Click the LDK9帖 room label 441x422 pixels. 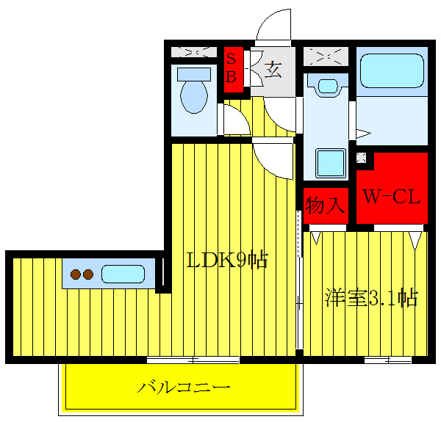pos(226,260)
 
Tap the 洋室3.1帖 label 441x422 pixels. pos(371,299)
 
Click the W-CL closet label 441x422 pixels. pos(391,197)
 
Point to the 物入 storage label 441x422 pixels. pos(325,205)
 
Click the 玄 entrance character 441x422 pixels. pos(273,70)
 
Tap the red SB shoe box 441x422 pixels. pos(232,68)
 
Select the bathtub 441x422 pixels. pos(392,73)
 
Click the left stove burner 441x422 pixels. pos(76,274)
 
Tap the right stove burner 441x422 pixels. pos(89,274)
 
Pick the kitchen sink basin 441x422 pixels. pos(122,274)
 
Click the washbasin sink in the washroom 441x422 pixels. pos(329,86)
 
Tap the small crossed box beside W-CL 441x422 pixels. pos(362,157)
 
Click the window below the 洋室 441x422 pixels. pos(387,360)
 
